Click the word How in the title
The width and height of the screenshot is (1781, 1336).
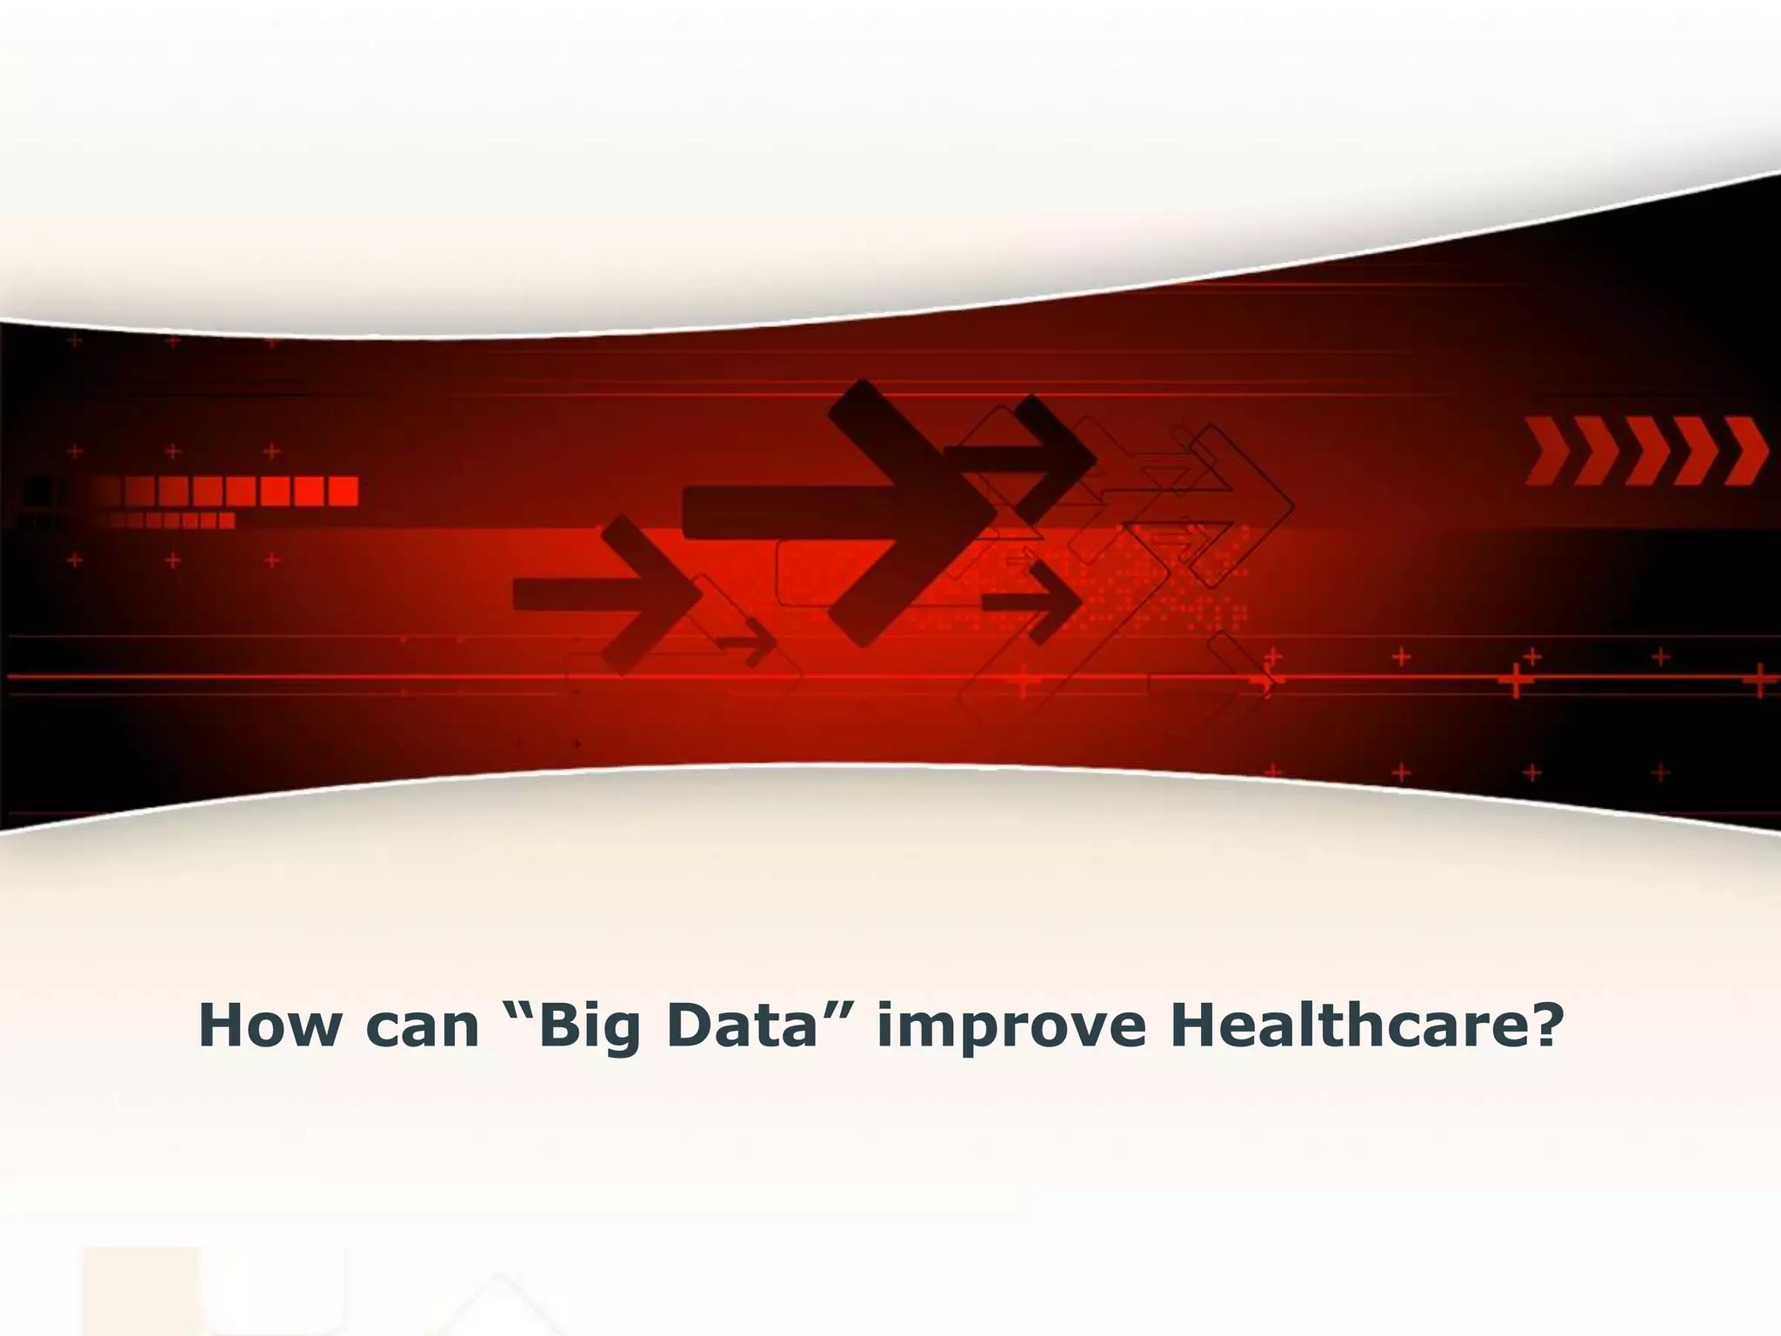tap(270, 1025)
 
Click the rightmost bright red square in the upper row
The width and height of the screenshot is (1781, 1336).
tap(342, 491)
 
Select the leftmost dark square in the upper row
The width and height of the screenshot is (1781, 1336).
tap(37, 491)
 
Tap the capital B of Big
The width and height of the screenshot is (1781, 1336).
tap(560, 1025)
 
